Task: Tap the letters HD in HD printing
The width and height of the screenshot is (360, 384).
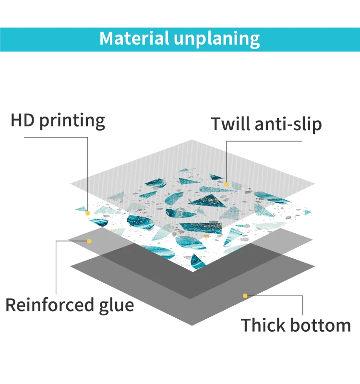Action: click(x=23, y=120)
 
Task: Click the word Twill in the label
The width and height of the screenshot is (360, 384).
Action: click(x=229, y=124)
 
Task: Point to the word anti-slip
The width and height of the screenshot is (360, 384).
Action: click(x=288, y=124)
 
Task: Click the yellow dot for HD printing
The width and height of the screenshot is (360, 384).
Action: click(x=88, y=213)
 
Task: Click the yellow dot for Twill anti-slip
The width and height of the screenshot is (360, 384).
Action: click(x=226, y=183)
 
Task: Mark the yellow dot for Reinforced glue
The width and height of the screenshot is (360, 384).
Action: click(x=89, y=240)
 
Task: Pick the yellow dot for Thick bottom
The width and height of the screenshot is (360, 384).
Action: click(x=245, y=296)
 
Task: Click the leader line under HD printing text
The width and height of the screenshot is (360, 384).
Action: click(x=55, y=137)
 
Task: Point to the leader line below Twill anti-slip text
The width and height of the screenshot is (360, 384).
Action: click(x=264, y=141)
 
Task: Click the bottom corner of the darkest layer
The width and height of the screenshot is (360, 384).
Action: click(x=192, y=325)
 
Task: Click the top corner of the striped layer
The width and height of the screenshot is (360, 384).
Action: click(x=192, y=140)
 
